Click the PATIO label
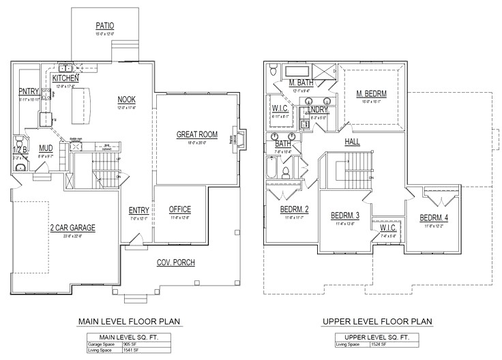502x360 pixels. (x=104, y=27)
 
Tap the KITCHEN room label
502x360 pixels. (x=66, y=79)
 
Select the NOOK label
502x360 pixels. (x=127, y=99)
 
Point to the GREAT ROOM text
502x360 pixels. (x=197, y=135)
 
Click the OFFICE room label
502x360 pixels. (x=180, y=209)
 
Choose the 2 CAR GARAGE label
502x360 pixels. (x=72, y=228)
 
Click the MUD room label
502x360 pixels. (x=46, y=148)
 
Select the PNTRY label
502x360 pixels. (x=29, y=91)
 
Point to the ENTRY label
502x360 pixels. (x=138, y=211)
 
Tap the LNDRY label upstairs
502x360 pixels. (x=319, y=110)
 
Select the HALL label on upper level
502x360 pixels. (x=353, y=142)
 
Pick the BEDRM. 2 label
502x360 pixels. (x=295, y=209)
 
